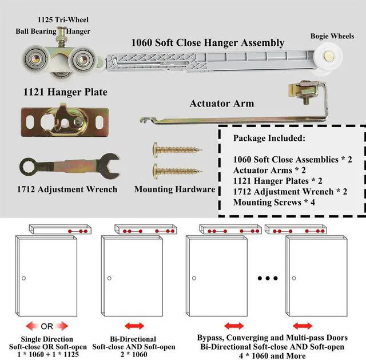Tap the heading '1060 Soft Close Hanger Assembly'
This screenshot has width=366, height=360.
click(208, 42)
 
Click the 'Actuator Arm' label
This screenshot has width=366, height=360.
click(222, 104)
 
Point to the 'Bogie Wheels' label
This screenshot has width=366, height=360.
click(332, 36)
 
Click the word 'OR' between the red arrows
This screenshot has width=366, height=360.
click(47, 326)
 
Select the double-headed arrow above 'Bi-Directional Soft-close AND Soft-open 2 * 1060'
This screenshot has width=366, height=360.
click(135, 326)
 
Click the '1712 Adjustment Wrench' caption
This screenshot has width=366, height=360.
click(68, 189)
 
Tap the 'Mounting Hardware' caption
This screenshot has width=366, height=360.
click(174, 189)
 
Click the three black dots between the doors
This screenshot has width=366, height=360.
click(267, 278)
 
